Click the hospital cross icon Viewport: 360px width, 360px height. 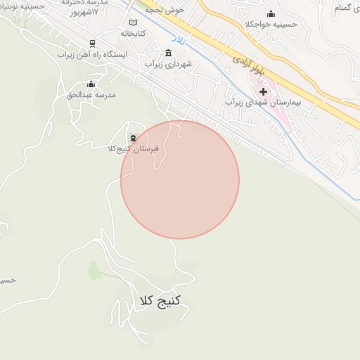[264, 91]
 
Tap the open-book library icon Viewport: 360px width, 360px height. [133, 22]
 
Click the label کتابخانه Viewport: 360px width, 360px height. [133, 33]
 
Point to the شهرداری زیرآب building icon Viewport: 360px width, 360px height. [167, 53]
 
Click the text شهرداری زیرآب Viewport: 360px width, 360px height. [169, 64]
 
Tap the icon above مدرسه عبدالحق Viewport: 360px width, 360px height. [90, 84]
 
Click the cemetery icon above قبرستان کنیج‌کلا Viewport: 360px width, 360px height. [133, 137]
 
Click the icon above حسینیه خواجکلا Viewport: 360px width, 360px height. [271, 14]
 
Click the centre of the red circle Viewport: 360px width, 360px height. [180, 179]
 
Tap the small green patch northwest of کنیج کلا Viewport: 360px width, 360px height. [95, 269]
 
